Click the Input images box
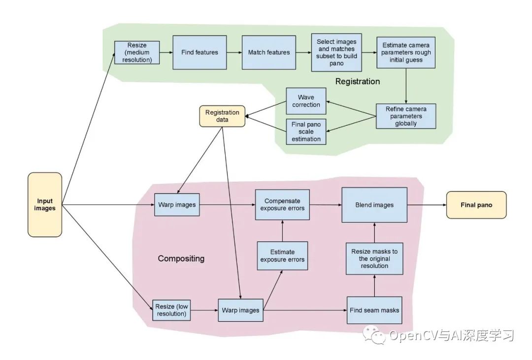pyautogui.click(x=45, y=204)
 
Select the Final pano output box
pyautogui.click(x=476, y=204)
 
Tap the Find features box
pyautogui.click(x=199, y=52)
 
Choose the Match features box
pyautogui.click(x=268, y=52)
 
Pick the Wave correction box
pyautogui.click(x=306, y=101)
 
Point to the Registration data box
pyautogui.click(x=222, y=116)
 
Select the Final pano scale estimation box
pyautogui.click(x=306, y=131)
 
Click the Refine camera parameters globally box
pyautogui.click(x=405, y=116)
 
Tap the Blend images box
pyautogui.click(x=374, y=204)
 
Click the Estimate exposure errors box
pyautogui.click(x=282, y=256)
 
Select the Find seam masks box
pyautogui.click(x=374, y=310)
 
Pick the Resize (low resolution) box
pyautogui.click(x=171, y=310)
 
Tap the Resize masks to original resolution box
pyautogui.click(x=374, y=259)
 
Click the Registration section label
pyautogui.click(x=358, y=81)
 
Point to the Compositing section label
pyautogui.click(x=181, y=259)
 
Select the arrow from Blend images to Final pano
pyautogui.click(x=426, y=204)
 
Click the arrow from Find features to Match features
pyautogui.click(x=234, y=52)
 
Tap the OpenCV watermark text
pyautogui.click(x=451, y=336)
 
